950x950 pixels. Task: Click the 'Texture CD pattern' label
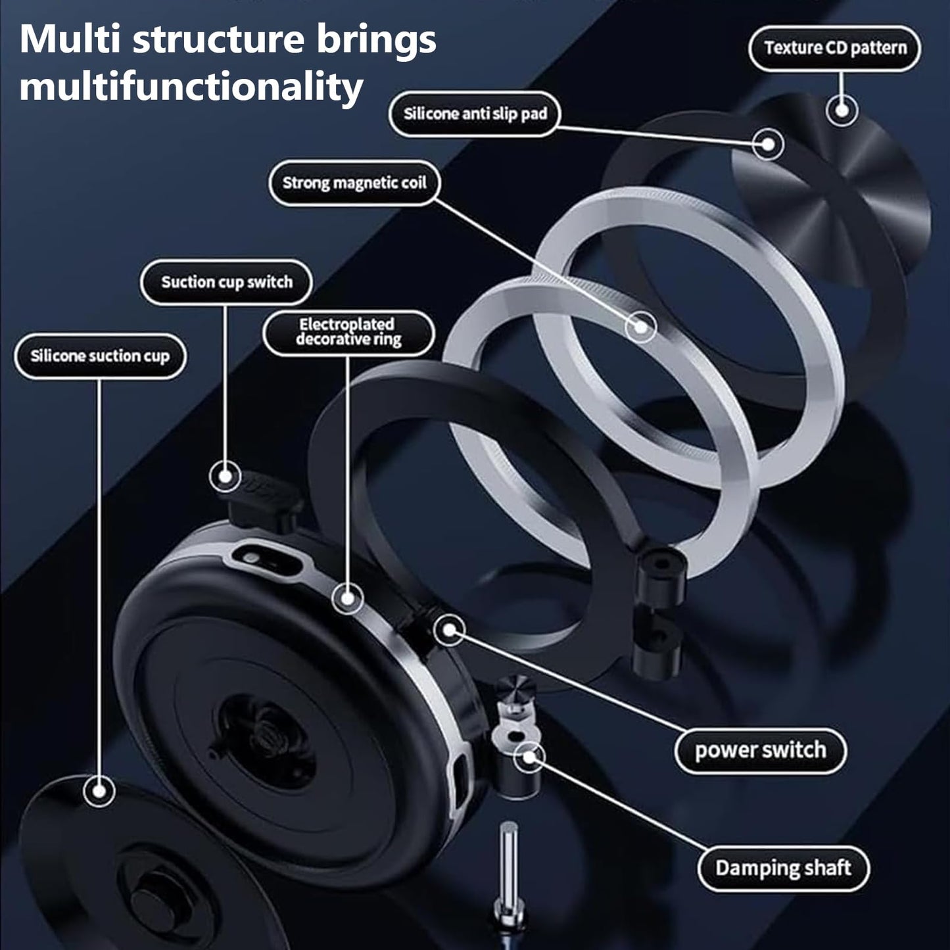(x=835, y=48)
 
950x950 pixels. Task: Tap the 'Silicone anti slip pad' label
(x=475, y=114)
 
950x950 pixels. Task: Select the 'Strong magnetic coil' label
(x=354, y=183)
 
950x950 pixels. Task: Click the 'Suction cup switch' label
(x=226, y=282)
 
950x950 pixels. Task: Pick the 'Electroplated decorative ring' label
(x=348, y=332)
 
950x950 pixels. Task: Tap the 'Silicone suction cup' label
(x=100, y=356)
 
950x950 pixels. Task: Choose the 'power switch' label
(x=760, y=750)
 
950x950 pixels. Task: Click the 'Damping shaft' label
(x=783, y=868)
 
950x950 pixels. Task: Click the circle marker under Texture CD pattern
(x=842, y=109)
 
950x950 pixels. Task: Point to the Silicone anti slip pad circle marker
(x=767, y=143)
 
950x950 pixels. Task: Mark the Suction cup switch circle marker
(x=226, y=476)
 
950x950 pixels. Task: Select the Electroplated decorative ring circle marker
(x=347, y=598)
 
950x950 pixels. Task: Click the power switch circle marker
(x=450, y=630)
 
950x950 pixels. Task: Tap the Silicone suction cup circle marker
(x=100, y=791)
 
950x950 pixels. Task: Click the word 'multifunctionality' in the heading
(x=191, y=86)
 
